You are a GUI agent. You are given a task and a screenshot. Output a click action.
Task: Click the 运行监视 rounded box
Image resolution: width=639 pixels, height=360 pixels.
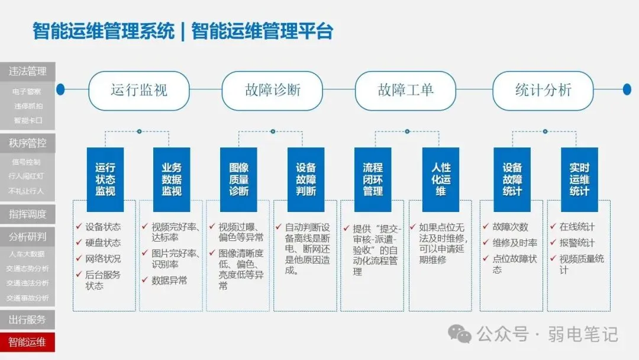point(139,90)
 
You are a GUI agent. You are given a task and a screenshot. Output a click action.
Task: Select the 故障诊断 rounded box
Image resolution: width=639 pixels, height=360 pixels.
point(273,90)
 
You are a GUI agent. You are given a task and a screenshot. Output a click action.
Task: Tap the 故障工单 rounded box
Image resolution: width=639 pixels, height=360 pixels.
point(406,90)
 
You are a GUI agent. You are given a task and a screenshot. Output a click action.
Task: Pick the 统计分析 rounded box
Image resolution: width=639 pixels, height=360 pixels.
point(543,90)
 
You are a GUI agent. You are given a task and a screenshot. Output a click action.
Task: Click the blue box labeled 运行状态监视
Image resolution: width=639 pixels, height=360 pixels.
point(105,179)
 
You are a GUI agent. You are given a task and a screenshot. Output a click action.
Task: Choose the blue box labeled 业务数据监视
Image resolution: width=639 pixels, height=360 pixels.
point(172,179)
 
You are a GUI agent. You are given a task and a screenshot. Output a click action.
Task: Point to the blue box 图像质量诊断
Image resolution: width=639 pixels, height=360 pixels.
point(239,179)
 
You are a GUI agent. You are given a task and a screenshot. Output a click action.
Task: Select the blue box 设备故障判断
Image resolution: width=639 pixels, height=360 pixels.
point(306,179)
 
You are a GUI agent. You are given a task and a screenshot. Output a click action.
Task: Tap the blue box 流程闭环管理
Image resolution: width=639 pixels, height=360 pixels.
point(373,179)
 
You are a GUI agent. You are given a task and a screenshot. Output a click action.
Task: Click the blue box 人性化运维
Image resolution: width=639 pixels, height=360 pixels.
point(441,179)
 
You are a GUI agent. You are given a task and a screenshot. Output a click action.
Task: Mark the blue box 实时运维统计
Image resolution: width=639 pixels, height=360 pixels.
point(579,179)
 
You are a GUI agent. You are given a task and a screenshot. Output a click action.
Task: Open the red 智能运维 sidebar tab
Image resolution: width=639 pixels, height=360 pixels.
point(27,342)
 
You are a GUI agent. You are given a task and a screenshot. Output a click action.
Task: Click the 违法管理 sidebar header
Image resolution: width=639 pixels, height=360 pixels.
point(27,72)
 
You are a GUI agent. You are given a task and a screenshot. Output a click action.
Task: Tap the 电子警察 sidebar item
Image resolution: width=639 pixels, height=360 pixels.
point(27,92)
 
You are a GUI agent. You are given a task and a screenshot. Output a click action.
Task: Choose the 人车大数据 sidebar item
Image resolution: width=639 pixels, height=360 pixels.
point(27,254)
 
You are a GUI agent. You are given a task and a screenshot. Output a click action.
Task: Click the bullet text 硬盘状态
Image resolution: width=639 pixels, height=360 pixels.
point(103,243)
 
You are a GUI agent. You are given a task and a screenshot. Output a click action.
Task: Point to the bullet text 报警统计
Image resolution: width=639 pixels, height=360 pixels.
point(577,243)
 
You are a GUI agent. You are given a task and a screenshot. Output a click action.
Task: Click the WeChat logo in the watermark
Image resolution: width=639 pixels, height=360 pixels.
point(460,334)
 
